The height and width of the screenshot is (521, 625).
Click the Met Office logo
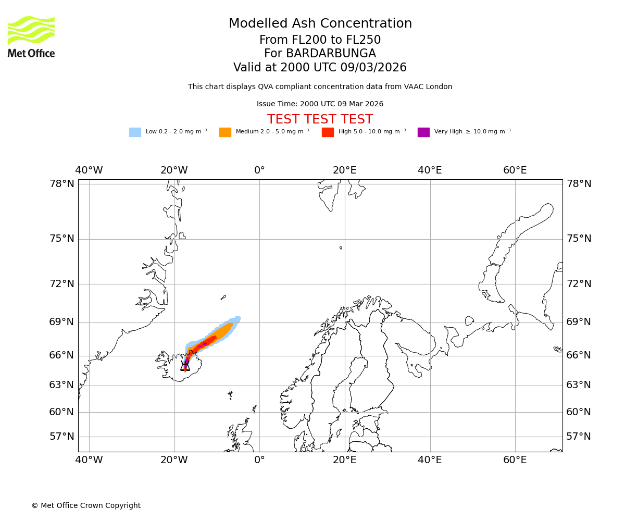tap(31, 36)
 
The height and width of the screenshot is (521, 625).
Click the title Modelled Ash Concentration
tap(320, 24)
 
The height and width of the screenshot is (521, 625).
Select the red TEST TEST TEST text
tap(320, 119)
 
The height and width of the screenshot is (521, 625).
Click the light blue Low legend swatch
tap(135, 132)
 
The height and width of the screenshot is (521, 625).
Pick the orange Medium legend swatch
tap(225, 132)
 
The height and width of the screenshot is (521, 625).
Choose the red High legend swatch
tap(328, 132)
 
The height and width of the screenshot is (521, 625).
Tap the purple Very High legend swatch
tap(423, 132)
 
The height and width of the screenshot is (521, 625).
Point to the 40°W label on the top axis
tap(89, 170)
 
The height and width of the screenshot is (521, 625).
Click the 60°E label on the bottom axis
tap(515, 460)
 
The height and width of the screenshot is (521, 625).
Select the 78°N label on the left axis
tap(61, 184)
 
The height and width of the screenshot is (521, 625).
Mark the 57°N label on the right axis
tap(579, 437)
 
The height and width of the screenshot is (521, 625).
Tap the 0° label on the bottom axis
tap(259, 460)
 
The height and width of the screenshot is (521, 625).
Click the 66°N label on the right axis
tap(579, 355)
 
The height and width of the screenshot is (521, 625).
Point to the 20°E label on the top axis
tap(345, 170)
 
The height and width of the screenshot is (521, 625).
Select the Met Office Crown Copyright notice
tap(86, 506)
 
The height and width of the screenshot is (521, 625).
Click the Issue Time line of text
tap(320, 104)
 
